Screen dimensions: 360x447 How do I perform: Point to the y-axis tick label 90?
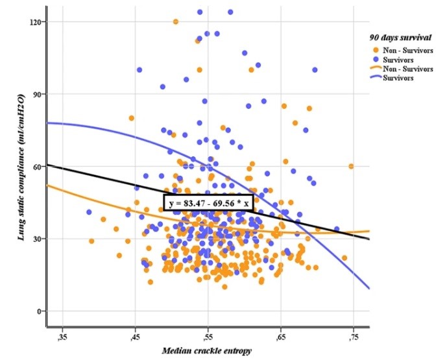(x=36, y=94)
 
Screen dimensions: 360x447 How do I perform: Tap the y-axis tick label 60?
(x=36, y=166)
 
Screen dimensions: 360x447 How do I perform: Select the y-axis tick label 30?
(x=36, y=239)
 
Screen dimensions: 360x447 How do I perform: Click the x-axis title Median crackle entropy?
(x=207, y=351)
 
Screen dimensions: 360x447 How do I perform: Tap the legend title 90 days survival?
(x=398, y=37)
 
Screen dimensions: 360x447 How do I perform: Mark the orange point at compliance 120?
(x=176, y=21)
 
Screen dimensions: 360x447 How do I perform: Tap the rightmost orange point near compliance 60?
(x=351, y=166)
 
